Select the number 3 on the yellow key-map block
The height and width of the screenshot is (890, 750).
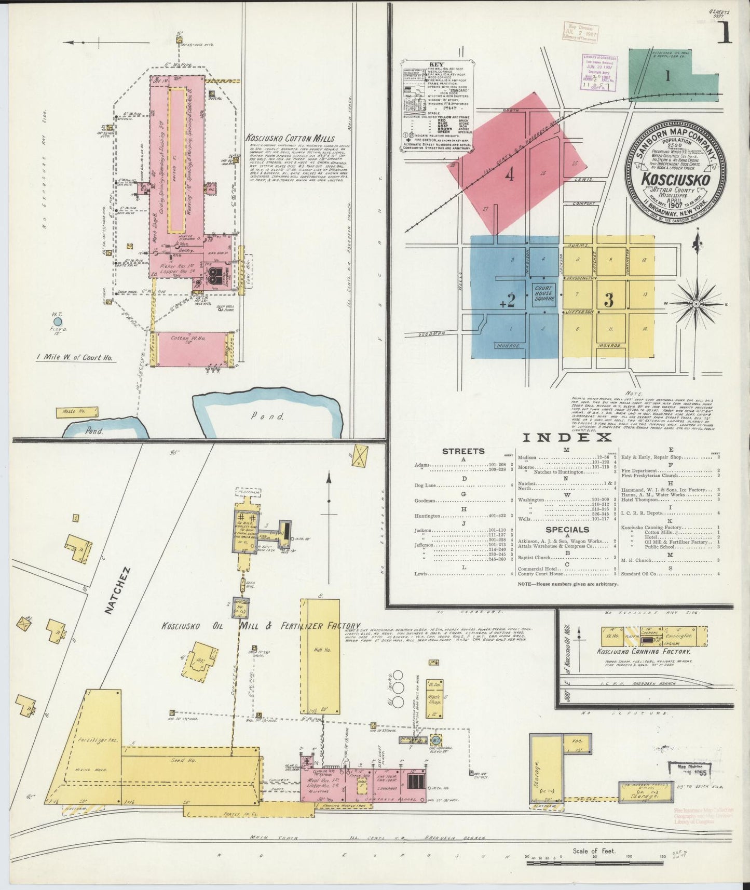[x=609, y=300]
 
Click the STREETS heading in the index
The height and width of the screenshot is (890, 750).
[x=463, y=451]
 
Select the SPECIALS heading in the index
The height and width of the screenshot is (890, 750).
[x=567, y=529]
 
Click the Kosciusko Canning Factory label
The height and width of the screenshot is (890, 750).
[x=643, y=651]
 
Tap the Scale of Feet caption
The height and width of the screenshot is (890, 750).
[x=594, y=851]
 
